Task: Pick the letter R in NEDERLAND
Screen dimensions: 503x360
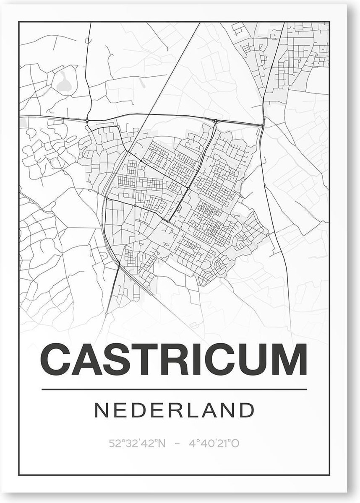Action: pos(175,410)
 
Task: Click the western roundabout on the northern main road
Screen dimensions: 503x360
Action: pos(87,121)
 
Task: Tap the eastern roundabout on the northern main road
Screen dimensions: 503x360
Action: pos(215,122)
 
